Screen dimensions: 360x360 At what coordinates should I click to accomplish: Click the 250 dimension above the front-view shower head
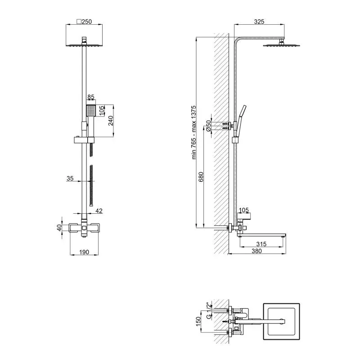tap(84, 22)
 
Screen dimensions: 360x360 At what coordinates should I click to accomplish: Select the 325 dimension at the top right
tap(259, 22)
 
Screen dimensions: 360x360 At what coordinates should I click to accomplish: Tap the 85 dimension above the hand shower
tap(91, 97)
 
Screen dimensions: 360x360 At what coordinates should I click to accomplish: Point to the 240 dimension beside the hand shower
tap(111, 121)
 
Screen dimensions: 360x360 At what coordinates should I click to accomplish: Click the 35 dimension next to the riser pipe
tap(70, 178)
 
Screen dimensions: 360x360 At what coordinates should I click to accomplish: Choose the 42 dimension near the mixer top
tap(99, 211)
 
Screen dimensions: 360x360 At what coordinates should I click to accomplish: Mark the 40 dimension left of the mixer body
tap(59, 228)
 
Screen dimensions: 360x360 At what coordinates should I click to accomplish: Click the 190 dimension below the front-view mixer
tap(84, 252)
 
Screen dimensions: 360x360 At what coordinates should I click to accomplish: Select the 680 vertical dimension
tap(201, 177)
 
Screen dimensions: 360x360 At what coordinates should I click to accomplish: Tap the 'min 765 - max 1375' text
tap(194, 132)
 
